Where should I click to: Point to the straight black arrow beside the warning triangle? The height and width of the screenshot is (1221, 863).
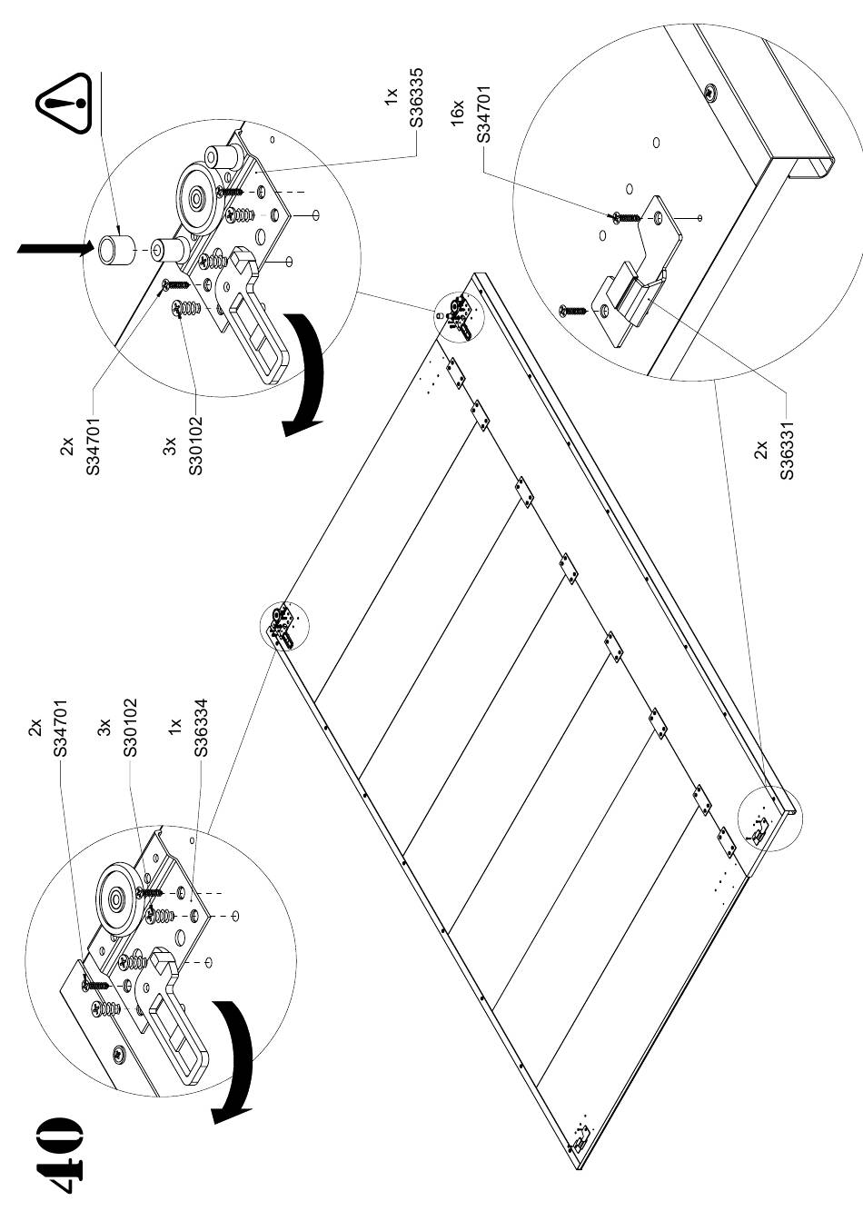tap(53, 248)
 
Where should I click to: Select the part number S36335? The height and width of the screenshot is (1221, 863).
tap(417, 97)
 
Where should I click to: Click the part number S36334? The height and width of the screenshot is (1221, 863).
tap(201, 728)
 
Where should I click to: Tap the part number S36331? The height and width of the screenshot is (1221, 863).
tap(787, 449)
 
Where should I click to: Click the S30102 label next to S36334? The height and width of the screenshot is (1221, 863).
tap(131, 728)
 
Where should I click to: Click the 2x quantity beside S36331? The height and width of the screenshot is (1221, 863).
tap(761, 449)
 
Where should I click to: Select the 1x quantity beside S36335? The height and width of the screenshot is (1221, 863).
tap(391, 97)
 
